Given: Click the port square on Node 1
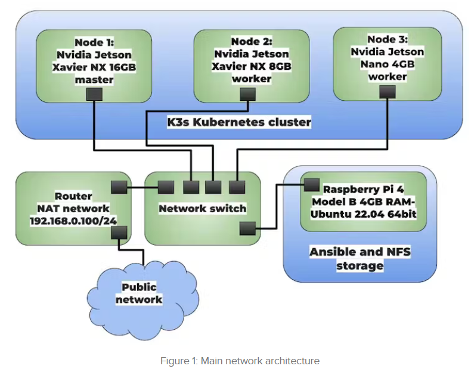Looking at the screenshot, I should click(94, 94).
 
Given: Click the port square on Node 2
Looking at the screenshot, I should click(247, 94).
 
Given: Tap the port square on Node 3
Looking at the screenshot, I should click(388, 91).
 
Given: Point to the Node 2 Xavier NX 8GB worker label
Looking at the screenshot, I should click(252, 60).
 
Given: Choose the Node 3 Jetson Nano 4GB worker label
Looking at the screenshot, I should click(388, 58).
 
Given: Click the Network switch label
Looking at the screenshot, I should click(202, 209).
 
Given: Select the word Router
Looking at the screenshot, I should click(73, 196).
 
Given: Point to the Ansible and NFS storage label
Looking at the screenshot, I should click(360, 258).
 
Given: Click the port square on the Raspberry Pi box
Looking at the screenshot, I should click(311, 185).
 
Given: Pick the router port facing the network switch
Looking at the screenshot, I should click(119, 187).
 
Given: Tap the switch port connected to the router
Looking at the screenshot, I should click(166, 187).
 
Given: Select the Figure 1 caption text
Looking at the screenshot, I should click(240, 361).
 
